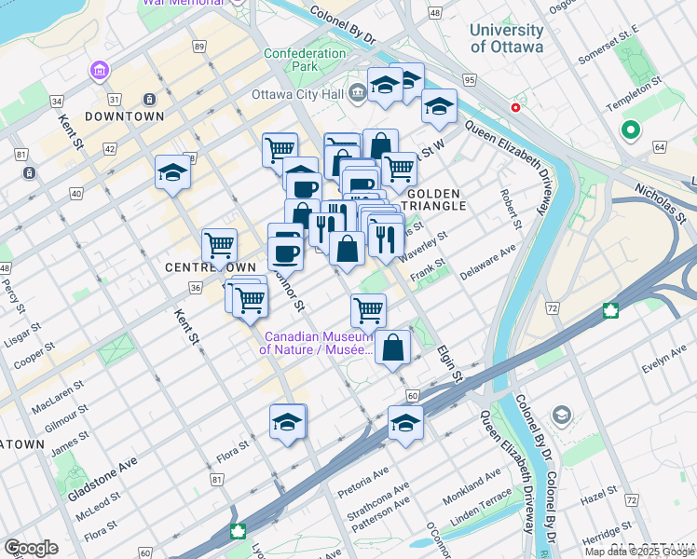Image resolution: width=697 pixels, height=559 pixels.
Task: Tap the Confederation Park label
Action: click(x=305, y=60)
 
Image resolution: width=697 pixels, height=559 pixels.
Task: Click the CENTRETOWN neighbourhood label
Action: click(x=211, y=267)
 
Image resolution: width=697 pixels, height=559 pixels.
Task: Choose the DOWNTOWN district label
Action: click(x=124, y=116)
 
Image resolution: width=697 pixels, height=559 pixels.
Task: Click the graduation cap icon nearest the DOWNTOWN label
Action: click(x=172, y=172)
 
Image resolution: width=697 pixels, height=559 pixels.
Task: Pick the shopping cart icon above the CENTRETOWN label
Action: click(x=220, y=246)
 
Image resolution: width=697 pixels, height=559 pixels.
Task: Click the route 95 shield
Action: click(x=469, y=80)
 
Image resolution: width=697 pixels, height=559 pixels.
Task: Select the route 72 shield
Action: click(x=553, y=307)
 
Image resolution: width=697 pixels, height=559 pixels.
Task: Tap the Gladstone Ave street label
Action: click(x=102, y=481)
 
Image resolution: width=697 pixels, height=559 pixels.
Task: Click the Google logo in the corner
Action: click(x=31, y=548)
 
